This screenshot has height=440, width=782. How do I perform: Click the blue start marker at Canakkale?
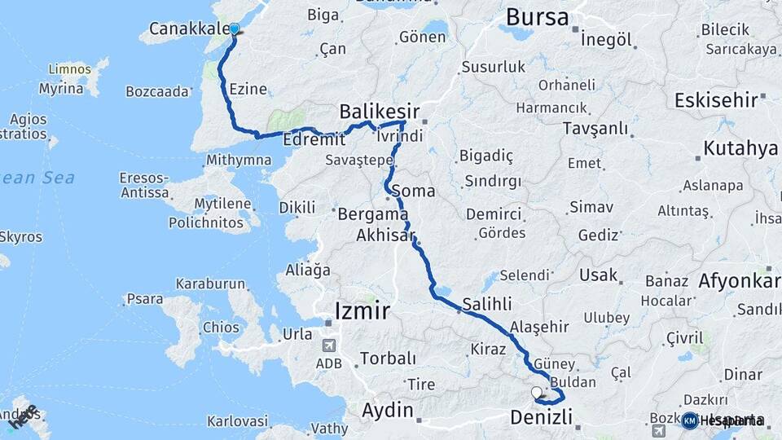pyautogui.click(x=235, y=30)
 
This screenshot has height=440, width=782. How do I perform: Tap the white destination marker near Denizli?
pyautogui.click(x=536, y=393)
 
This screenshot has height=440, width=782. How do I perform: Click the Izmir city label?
pyautogui.click(x=362, y=310)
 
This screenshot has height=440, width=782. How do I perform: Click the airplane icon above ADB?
pyautogui.click(x=328, y=345)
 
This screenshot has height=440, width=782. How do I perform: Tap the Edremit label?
pyautogui.click(x=309, y=140)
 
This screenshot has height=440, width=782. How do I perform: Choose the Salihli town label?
pyautogui.click(x=487, y=304)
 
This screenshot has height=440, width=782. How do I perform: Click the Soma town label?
pyautogui.click(x=413, y=191)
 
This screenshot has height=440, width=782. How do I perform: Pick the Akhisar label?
pyautogui.click(x=385, y=236)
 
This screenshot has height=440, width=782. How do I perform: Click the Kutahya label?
pyautogui.click(x=740, y=148)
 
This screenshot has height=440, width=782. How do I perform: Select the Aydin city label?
pyautogui.click(x=387, y=410)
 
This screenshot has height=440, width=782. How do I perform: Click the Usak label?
pyautogui.click(x=599, y=275)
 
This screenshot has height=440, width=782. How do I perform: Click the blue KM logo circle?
pyautogui.click(x=689, y=420)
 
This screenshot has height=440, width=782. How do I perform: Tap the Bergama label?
pyautogui.click(x=372, y=215)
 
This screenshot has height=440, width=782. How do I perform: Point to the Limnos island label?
pyautogui.click(x=69, y=69)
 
